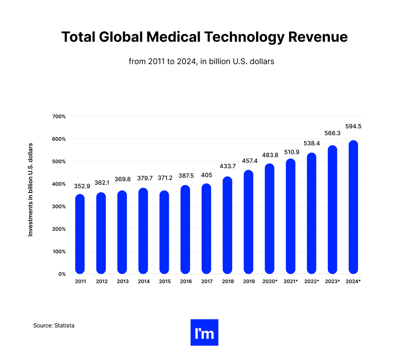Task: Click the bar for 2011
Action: [x=80, y=234]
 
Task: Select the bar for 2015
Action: [x=164, y=232]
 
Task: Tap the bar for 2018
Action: [x=227, y=225]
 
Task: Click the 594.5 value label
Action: [x=353, y=126]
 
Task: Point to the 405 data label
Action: [x=206, y=175]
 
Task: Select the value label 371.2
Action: [x=164, y=178]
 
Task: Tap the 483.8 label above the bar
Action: [x=270, y=155]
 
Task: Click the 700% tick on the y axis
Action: [x=59, y=116]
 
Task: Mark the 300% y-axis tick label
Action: [x=59, y=207]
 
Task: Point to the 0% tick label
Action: [x=62, y=274]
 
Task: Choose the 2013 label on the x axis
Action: [x=123, y=282]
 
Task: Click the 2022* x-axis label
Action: [x=311, y=282]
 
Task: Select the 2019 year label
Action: [x=248, y=282]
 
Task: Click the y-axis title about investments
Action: [x=30, y=190]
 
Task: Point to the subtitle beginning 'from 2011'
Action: [x=201, y=62]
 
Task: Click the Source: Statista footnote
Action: [x=54, y=325]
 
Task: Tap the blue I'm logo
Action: [x=204, y=333]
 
